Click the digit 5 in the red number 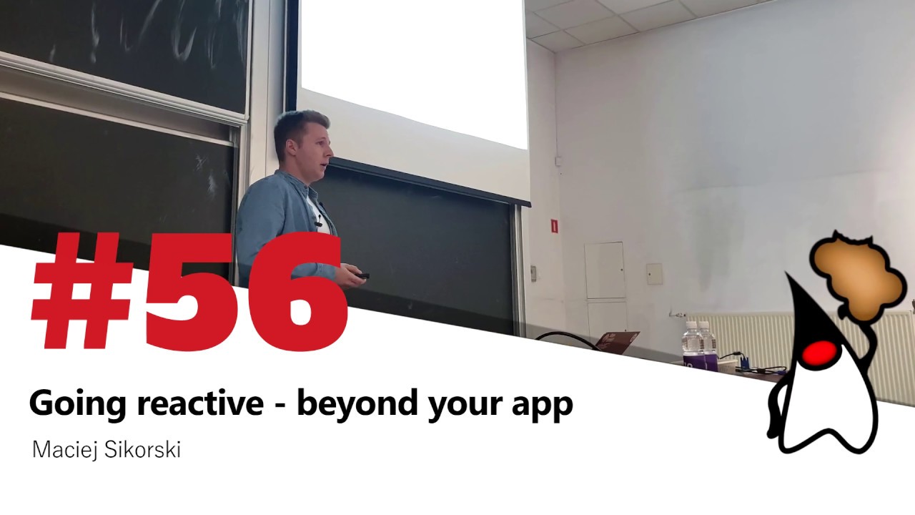point(189,293)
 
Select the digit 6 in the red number point(290,293)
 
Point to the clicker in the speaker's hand point(362,275)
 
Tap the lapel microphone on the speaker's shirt point(319,224)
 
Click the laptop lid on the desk point(618,341)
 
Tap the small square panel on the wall point(654,273)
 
